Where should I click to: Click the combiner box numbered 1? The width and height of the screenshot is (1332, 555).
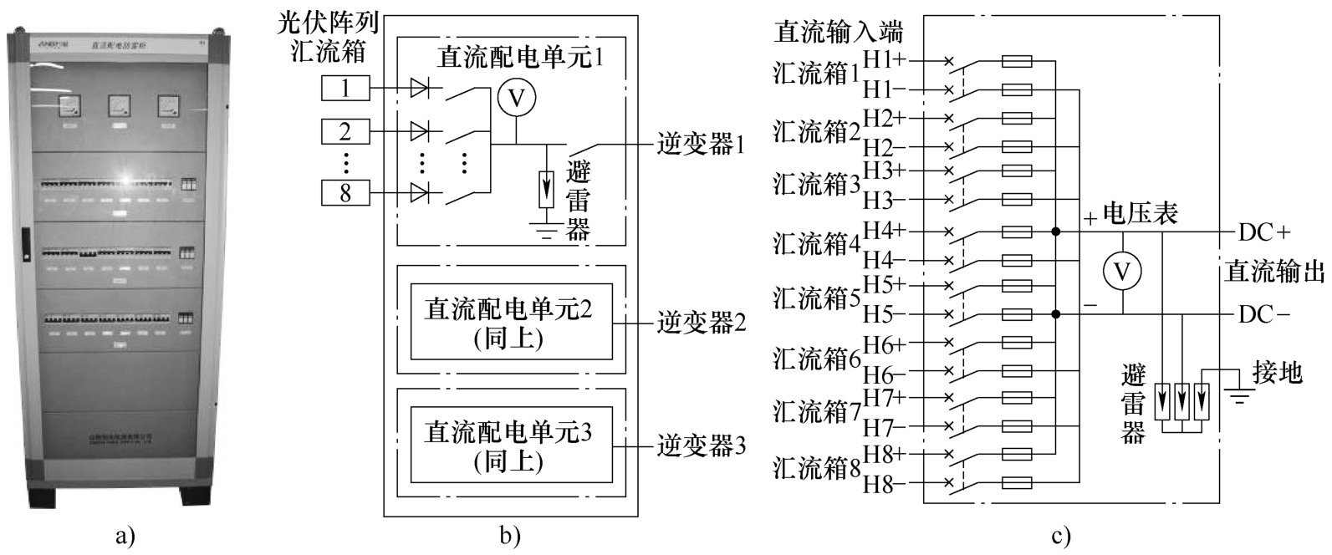pos(345,88)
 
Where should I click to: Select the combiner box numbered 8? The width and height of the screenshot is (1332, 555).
pos(345,194)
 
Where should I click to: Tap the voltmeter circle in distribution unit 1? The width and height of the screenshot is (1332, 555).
pos(516,99)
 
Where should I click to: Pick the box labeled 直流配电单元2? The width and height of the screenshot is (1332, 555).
pos(510,321)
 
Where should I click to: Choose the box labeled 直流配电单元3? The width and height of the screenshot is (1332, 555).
pos(510,445)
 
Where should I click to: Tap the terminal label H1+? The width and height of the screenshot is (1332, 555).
pos(885,61)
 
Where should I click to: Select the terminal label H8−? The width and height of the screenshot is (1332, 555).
pos(883,484)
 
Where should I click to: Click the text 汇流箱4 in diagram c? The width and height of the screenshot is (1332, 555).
pos(817,245)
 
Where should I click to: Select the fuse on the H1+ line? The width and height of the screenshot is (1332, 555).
pos(1016,61)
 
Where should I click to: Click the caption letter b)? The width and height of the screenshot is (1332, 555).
pos(510,536)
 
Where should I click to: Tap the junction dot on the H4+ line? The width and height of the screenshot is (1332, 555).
pos(1057,231)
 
